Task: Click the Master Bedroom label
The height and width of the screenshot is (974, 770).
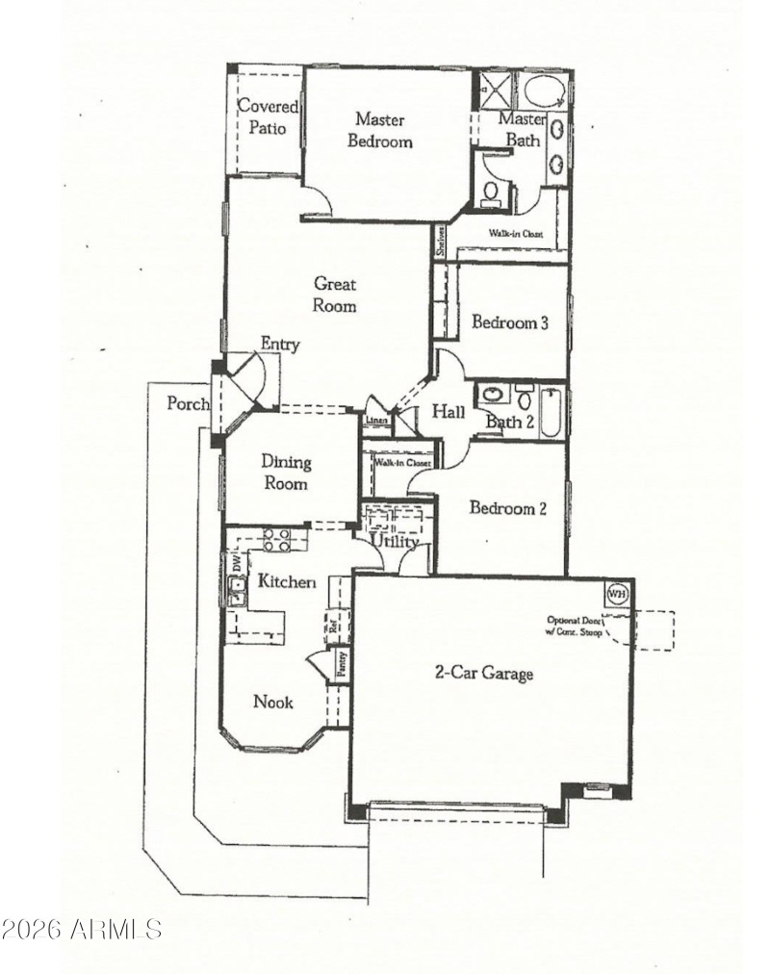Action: [383, 130]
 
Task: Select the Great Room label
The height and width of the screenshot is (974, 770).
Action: [334, 295]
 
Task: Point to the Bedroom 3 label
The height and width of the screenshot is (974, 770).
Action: [509, 322]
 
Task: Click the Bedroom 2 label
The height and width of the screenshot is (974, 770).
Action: [507, 508]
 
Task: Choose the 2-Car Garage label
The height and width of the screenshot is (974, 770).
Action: [482, 674]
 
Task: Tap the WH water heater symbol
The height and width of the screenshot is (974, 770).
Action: [617, 593]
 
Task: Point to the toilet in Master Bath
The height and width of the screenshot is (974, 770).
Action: [491, 192]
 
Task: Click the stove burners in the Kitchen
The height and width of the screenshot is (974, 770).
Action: [277, 540]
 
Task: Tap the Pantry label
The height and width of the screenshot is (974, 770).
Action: [340, 664]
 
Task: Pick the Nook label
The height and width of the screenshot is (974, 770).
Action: [272, 702]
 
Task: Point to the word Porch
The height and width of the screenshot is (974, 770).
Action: [188, 403]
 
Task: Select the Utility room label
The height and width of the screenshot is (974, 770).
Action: [395, 543]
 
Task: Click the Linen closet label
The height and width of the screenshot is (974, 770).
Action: [376, 421]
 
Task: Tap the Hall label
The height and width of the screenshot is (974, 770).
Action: [448, 412]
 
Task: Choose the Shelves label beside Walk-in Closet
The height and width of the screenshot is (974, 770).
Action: [441, 241]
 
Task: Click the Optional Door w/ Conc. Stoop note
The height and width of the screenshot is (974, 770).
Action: [575, 627]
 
